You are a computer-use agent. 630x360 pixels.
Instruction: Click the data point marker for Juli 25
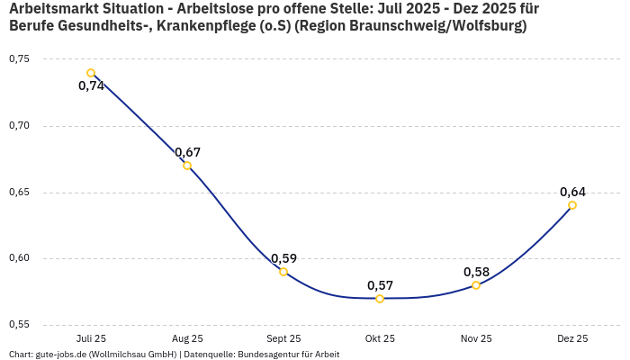coord(91,73)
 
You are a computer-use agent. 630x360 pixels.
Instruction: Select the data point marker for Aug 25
coord(187,166)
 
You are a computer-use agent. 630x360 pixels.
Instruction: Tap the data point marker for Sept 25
coord(283,272)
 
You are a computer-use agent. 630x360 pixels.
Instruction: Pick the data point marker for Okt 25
coord(380,299)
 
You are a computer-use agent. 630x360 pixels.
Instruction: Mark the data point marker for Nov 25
coord(476,285)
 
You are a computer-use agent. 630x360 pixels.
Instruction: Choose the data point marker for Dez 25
coord(572,205)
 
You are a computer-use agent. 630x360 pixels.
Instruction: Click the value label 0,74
coord(91,86)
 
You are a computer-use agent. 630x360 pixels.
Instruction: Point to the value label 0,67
coord(187,152)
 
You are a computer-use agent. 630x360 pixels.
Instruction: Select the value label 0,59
coord(283,258)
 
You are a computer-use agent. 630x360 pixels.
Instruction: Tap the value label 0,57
coord(380,285)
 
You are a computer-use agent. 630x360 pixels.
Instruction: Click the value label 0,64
coord(572,192)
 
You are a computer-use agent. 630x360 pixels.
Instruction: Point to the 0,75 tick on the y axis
coord(19,59)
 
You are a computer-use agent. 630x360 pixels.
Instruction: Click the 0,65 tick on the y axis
coord(19,193)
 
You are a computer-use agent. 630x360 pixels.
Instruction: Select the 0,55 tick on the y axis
coord(19,325)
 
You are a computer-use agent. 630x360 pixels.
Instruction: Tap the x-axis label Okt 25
coord(380,338)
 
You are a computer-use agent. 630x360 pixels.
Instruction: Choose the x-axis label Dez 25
coord(572,338)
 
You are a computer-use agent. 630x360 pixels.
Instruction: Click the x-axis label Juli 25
coord(91,338)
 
